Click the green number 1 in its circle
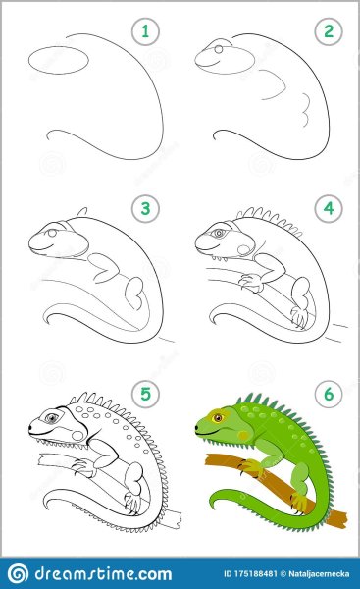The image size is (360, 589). (145, 31)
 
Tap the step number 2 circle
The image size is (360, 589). (329, 31)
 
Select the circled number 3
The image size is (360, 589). (145, 209)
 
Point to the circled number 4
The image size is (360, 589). (329, 209)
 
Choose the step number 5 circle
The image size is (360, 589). (145, 394)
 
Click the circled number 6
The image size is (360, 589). (329, 394)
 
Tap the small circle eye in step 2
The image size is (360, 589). (219, 49)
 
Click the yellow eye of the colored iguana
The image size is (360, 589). (218, 417)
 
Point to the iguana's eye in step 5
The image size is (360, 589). (51, 417)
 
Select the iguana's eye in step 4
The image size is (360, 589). (218, 234)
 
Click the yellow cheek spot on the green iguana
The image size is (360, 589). (243, 435)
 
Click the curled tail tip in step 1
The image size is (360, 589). (51, 135)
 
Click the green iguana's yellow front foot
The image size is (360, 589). (250, 467)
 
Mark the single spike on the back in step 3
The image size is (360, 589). (82, 212)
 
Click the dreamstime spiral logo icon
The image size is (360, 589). (18, 573)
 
